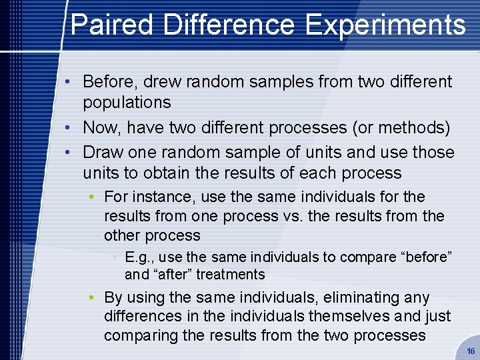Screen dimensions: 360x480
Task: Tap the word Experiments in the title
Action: tap(385, 25)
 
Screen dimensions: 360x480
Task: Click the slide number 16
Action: tap(471, 351)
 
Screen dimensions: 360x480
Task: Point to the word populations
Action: tap(127, 103)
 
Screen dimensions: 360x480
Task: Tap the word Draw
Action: tap(101, 152)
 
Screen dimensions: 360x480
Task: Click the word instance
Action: tap(158, 197)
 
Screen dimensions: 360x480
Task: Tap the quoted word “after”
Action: tap(171, 275)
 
